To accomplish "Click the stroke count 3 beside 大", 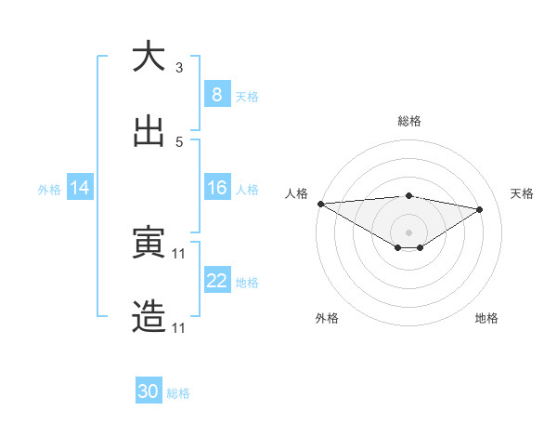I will point(179,67).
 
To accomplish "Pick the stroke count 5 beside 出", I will point(179,142).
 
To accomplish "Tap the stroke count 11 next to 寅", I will point(179,253).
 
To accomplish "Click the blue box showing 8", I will point(216,95).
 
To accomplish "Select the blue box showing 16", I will point(216,189).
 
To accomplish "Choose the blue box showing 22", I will point(216,281).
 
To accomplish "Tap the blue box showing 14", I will point(80,189).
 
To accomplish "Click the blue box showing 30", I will point(149,392).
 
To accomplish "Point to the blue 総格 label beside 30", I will point(178,393).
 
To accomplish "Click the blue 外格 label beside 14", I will point(49,190).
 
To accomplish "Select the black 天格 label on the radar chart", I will point(522,193).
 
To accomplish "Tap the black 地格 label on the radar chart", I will point(486,318).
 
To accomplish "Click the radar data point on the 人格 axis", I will point(320,204).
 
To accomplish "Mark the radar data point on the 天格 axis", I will point(480,209).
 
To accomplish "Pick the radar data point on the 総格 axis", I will point(408,195).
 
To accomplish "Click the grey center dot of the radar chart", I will point(408,232).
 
